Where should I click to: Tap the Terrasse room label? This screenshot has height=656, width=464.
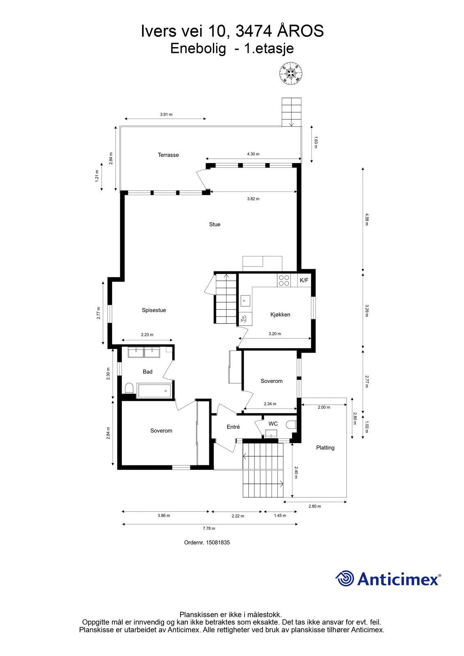[168, 155]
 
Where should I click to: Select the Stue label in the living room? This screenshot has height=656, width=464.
[215, 224]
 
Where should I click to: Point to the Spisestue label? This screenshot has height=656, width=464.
[154, 310]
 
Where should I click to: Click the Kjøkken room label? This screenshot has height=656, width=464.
[280, 314]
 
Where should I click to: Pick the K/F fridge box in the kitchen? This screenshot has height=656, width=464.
[304, 280]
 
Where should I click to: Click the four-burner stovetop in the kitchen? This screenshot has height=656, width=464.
[284, 280]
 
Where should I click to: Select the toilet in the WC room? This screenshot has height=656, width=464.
[292, 425]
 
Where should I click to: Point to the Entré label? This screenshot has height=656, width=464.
[233, 427]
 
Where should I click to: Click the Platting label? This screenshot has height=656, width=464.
[325, 447]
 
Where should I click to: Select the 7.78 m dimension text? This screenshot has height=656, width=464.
[209, 528]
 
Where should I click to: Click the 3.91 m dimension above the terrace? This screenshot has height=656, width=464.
[166, 114]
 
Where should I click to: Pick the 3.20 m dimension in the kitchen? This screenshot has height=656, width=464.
[274, 334]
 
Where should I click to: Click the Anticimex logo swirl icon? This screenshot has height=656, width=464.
[345, 578]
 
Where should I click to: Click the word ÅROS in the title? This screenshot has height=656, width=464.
[300, 31]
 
